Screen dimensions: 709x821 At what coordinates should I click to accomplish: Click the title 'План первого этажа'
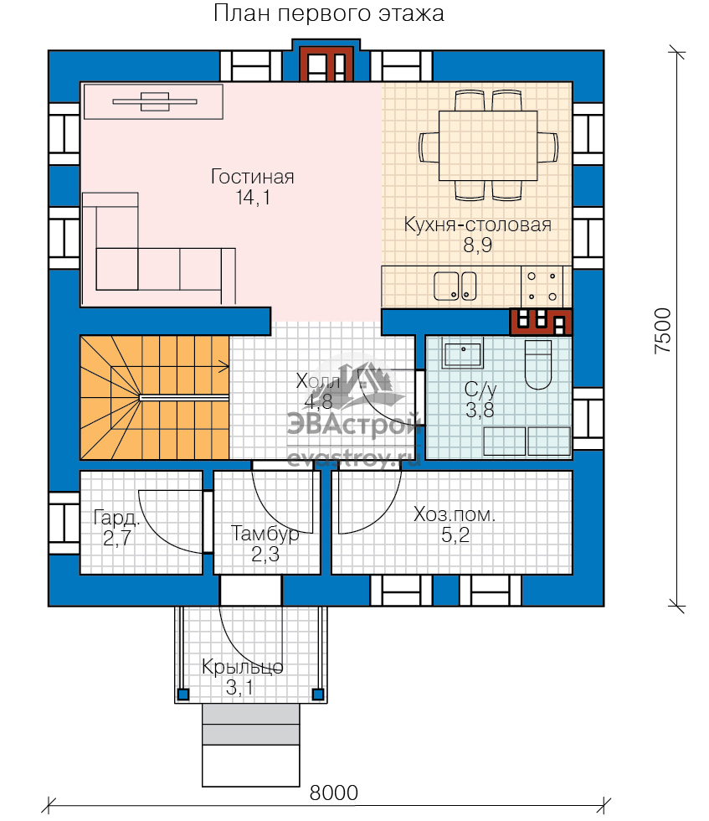click(329, 13)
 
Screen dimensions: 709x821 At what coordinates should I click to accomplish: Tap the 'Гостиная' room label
click(252, 177)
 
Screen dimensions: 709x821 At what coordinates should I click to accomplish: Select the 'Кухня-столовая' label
click(477, 225)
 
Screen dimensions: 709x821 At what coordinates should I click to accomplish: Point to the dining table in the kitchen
click(488, 145)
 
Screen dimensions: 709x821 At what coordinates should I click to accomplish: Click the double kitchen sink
click(455, 286)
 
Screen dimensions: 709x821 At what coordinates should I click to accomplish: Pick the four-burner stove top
click(542, 287)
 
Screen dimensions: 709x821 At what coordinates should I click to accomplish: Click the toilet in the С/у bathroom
click(538, 365)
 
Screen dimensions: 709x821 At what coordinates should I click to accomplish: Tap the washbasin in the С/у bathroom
click(462, 354)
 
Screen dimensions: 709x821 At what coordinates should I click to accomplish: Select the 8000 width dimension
click(333, 793)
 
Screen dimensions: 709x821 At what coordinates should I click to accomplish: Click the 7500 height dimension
click(662, 330)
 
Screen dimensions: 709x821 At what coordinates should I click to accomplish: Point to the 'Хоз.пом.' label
click(455, 514)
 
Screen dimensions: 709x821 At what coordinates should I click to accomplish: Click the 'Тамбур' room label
click(265, 534)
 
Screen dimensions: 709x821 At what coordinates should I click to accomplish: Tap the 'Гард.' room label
click(116, 518)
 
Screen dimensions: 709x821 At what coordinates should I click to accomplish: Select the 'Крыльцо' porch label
click(242, 667)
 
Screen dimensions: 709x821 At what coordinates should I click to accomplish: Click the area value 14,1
click(254, 198)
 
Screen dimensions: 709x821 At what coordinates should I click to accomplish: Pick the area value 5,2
click(455, 535)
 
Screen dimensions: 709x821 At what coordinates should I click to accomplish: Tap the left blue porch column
click(183, 694)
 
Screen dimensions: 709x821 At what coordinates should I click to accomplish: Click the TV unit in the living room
click(154, 101)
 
